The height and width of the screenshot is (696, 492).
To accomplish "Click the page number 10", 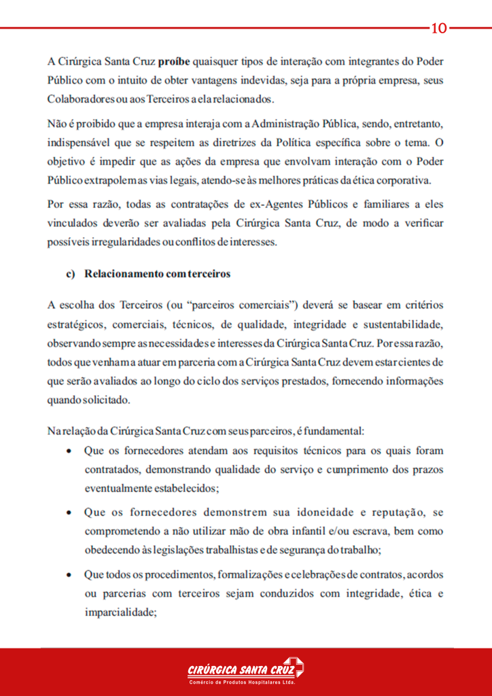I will (439, 28).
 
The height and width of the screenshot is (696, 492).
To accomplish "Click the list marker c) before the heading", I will (69, 274).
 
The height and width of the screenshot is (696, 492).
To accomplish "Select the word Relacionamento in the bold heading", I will (122, 274).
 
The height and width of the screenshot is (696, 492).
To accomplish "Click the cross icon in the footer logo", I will (294, 667).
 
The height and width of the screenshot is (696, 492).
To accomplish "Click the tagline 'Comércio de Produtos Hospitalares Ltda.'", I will (241, 682).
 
